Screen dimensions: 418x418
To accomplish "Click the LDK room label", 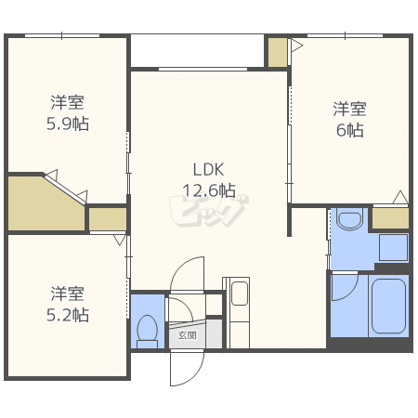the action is [208, 169].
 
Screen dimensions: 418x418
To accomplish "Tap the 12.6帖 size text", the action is [209, 190].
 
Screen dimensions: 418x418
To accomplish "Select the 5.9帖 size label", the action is [68, 124].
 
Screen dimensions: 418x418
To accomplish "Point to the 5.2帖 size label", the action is [68, 315].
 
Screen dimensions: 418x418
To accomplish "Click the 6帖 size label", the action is [350, 130].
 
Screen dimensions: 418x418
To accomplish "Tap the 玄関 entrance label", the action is [187, 335].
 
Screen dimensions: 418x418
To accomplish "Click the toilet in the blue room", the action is [148, 332].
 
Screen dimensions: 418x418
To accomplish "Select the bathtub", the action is [388, 306].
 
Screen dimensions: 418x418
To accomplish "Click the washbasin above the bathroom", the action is [350, 218].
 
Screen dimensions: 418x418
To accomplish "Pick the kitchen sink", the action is [240, 294].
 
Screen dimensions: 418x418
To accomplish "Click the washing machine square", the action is [393, 247].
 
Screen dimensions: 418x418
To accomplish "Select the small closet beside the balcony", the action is [278, 52].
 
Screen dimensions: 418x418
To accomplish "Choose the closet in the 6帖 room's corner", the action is [390, 218].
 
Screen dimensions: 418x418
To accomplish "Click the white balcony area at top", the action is [197, 50].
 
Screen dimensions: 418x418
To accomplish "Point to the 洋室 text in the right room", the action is [350, 109].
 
